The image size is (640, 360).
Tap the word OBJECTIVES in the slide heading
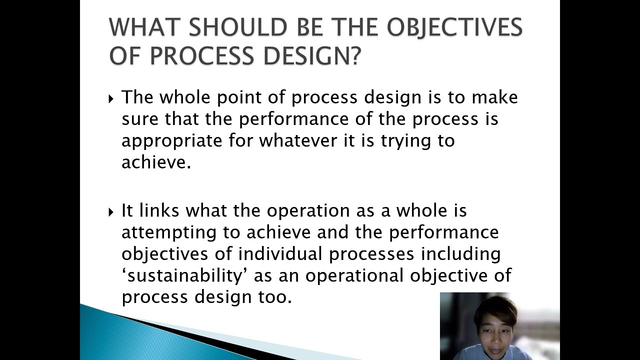[455, 27]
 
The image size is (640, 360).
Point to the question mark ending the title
[355, 54]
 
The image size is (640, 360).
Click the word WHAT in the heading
[145, 27]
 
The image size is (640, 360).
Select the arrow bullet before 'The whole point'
[111, 99]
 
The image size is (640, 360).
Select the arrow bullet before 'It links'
[111, 212]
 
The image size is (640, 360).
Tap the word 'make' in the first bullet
[494, 97]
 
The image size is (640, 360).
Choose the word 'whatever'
[298, 140]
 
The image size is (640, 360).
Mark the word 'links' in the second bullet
[159, 210]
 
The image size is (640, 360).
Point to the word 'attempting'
[169, 233]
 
